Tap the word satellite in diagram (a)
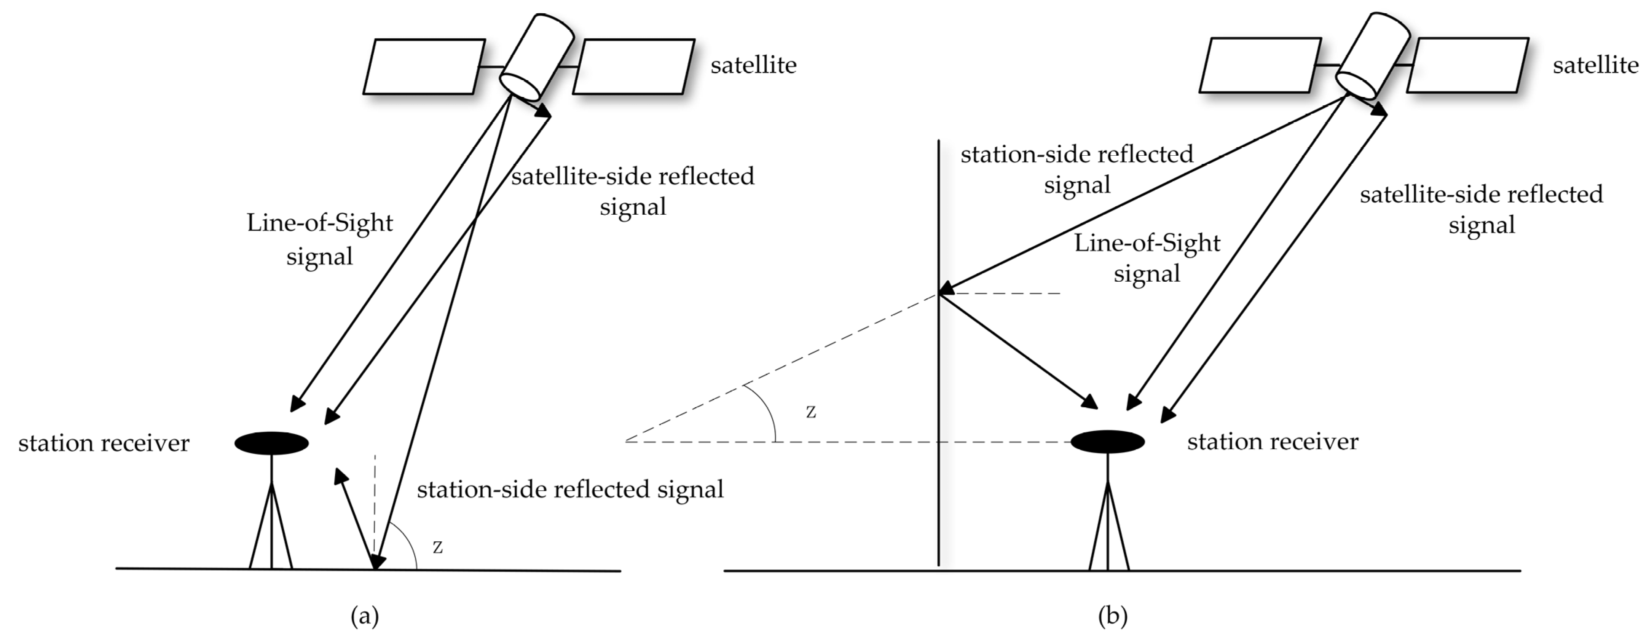coord(753,65)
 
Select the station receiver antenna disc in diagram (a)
coord(271,443)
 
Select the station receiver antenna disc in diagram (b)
coord(1107,442)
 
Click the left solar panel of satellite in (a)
coord(424,67)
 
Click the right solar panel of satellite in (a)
coord(634,67)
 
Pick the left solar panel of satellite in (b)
coord(1260,65)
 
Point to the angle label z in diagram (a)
coord(438,547)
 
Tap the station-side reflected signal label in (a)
coord(570,490)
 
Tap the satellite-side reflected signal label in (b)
coord(1481,209)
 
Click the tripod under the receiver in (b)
coord(1108,525)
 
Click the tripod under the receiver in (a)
coord(271,525)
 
